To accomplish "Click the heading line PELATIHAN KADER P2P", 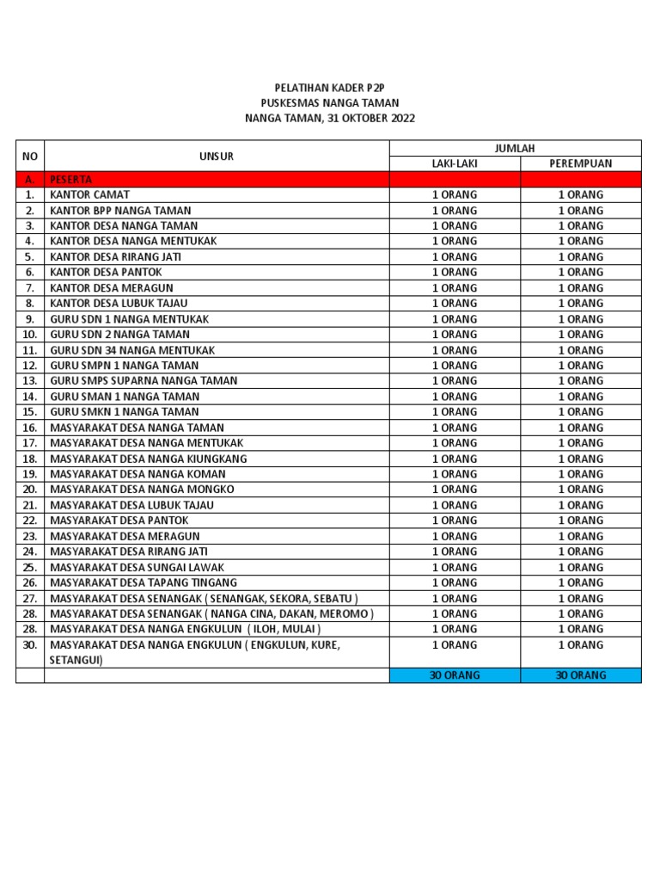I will point(329,88).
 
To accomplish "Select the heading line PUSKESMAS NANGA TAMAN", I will point(329,103).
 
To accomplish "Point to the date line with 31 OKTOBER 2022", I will point(329,119).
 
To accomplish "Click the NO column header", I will point(30,156).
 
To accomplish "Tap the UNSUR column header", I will point(217,156).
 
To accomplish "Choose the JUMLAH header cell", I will point(515,148).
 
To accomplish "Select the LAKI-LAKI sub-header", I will point(455,163).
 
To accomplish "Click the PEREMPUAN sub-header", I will point(581,163).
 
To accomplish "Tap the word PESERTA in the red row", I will point(71,179).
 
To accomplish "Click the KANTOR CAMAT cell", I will point(90,194).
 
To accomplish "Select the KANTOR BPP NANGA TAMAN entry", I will point(120,210).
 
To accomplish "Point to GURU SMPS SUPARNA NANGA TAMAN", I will point(144,380).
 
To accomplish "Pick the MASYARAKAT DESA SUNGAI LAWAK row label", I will point(137,567).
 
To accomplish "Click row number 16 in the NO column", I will point(30,428).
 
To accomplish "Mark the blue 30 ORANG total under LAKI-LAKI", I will point(455,675).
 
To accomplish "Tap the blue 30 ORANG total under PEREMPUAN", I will point(581,675).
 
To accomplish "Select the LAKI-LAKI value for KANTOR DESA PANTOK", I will point(455,272).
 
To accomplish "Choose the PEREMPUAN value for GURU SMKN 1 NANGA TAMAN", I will point(581,412).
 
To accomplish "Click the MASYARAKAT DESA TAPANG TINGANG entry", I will point(144,582).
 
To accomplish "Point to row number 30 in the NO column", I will point(30,644).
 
